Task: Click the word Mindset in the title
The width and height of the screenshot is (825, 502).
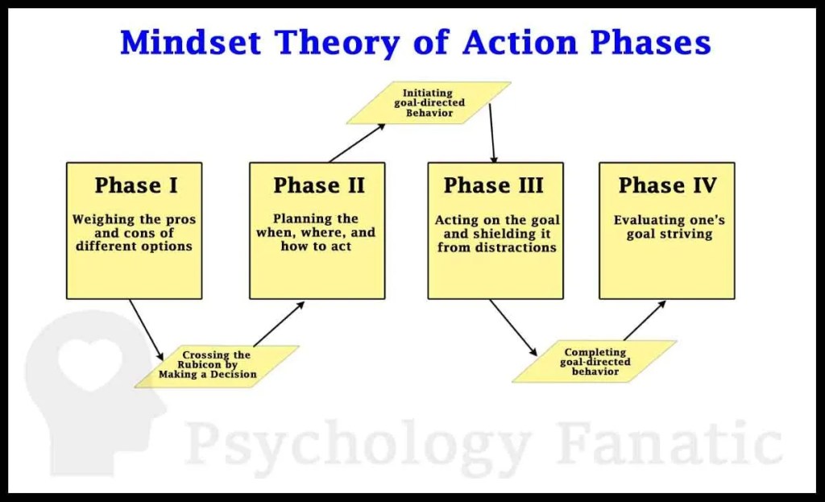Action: (x=190, y=43)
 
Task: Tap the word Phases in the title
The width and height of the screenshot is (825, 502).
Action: (x=650, y=43)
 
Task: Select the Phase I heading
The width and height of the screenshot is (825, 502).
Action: (x=136, y=185)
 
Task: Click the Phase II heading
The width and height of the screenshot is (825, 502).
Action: (x=319, y=185)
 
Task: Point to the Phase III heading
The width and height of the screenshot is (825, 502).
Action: (x=494, y=185)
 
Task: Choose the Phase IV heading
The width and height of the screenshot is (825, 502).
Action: (x=667, y=185)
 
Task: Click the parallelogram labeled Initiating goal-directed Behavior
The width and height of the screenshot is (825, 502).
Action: (x=429, y=102)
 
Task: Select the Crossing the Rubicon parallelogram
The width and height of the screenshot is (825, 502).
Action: (x=217, y=367)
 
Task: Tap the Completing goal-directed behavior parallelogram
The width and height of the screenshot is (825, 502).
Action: (x=595, y=362)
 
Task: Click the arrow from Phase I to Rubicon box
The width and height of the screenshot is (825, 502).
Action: (x=147, y=330)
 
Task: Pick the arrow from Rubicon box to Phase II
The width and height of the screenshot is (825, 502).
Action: (x=279, y=324)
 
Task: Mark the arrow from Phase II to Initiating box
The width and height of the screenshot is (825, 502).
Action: (x=357, y=143)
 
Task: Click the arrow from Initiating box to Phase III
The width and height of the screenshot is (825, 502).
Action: (x=492, y=134)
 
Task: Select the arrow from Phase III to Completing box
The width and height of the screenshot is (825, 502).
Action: (x=513, y=328)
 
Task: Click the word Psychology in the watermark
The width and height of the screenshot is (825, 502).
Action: (x=358, y=448)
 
